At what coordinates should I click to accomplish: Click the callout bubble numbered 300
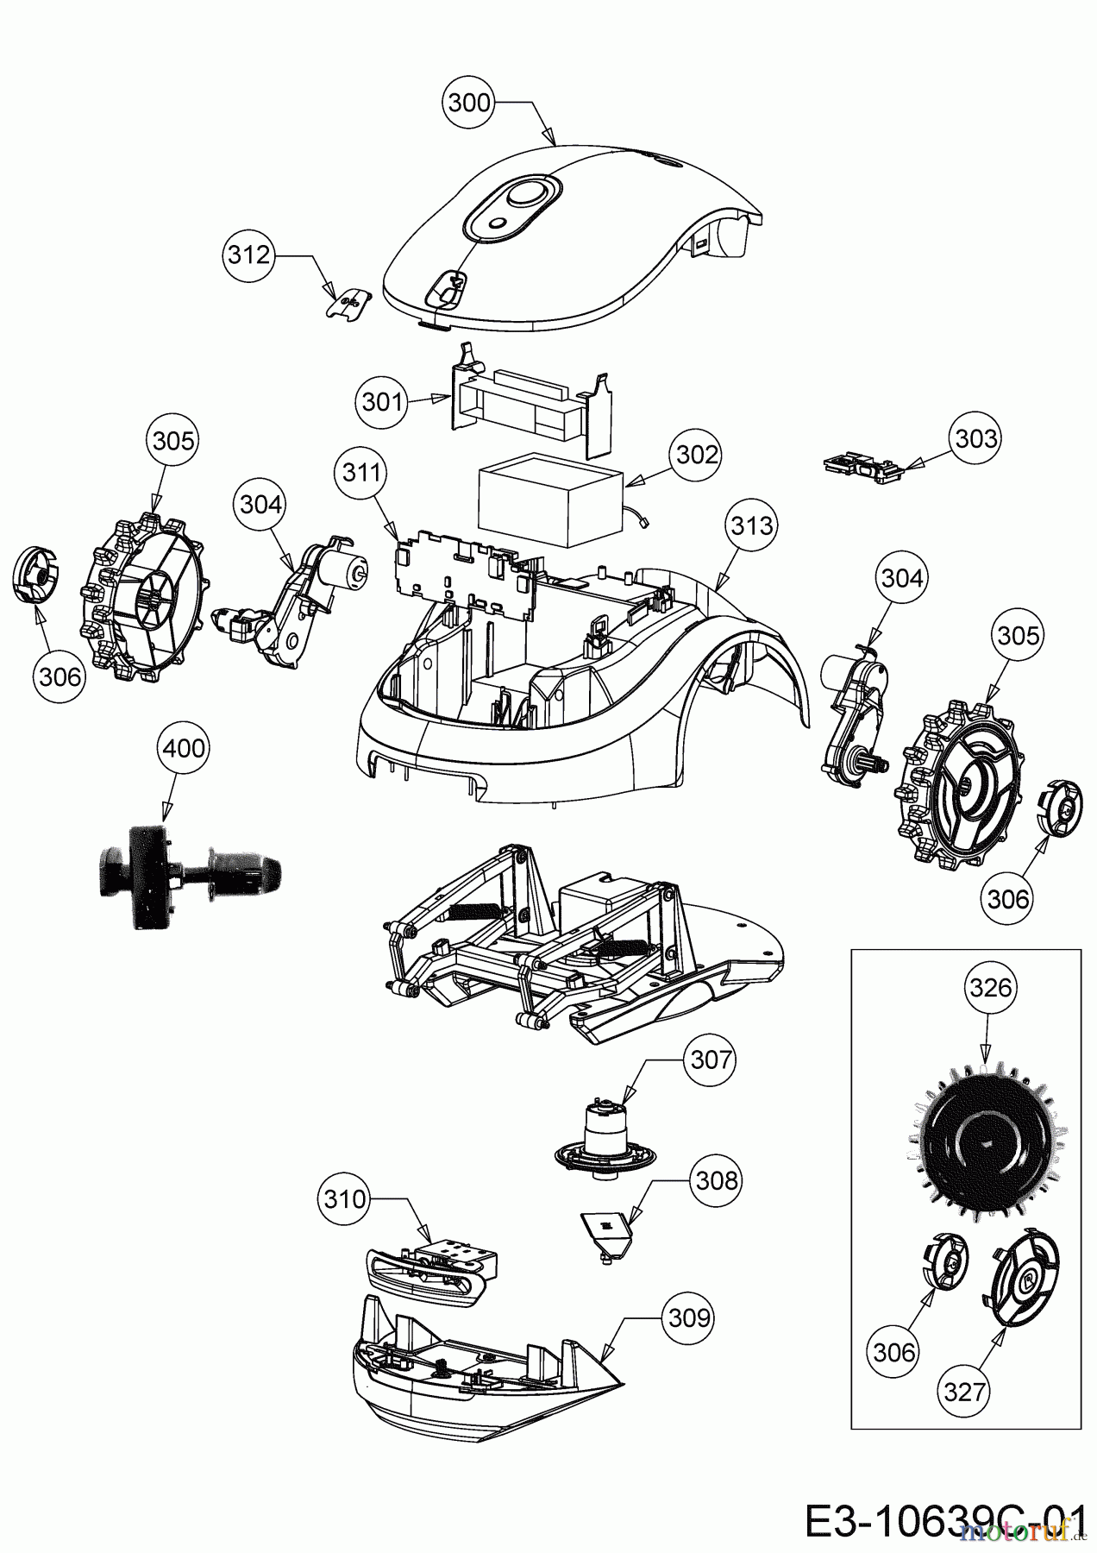pyautogui.click(x=470, y=103)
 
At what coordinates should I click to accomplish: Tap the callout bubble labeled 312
pyautogui.click(x=249, y=255)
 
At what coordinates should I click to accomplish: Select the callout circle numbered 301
pyautogui.click(x=381, y=401)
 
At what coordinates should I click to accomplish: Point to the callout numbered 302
pyautogui.click(x=698, y=455)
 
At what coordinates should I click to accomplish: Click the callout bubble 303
pyautogui.click(x=976, y=438)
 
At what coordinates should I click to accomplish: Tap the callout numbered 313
pyautogui.click(x=751, y=525)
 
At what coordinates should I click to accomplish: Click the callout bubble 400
pyautogui.click(x=184, y=747)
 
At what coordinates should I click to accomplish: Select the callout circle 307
pyautogui.click(x=711, y=1059)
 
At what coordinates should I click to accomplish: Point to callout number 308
pyautogui.click(x=717, y=1179)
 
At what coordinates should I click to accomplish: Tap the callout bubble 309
pyautogui.click(x=689, y=1318)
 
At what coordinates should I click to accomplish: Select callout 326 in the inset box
pyautogui.click(x=990, y=987)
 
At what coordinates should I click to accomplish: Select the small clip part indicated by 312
pyautogui.click(x=349, y=303)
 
